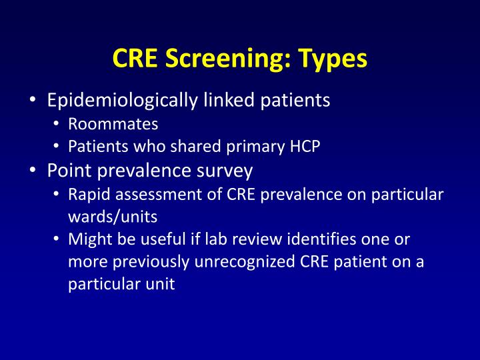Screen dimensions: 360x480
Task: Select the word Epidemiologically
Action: point(121,101)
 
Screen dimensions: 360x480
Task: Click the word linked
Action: point(227,101)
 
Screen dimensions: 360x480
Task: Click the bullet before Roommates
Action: point(58,125)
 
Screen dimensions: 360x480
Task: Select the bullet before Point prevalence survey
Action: point(33,171)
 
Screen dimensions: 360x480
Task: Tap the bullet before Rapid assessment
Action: point(58,195)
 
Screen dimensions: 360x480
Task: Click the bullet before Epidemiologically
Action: point(33,101)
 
